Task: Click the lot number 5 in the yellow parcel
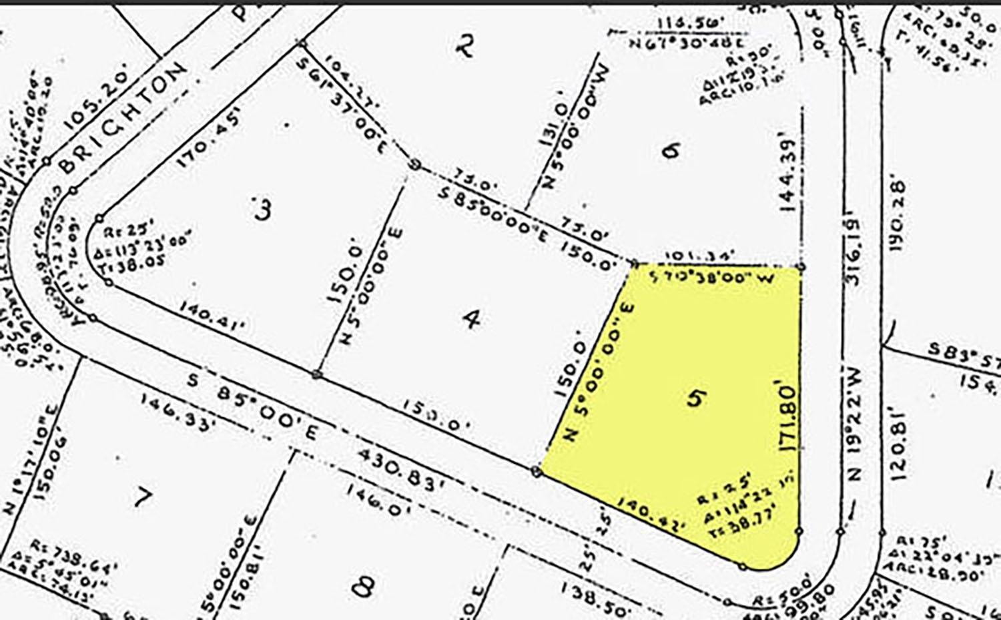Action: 696,398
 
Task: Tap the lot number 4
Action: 472,320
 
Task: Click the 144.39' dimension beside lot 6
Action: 789,176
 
